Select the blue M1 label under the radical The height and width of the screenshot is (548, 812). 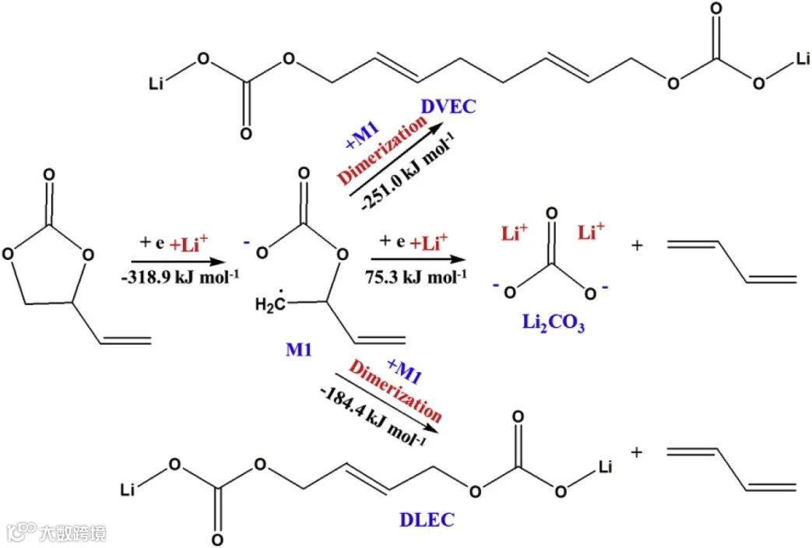[x=299, y=350]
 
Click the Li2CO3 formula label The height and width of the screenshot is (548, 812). [x=554, y=321]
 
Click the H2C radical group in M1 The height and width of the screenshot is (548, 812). [x=269, y=304]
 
